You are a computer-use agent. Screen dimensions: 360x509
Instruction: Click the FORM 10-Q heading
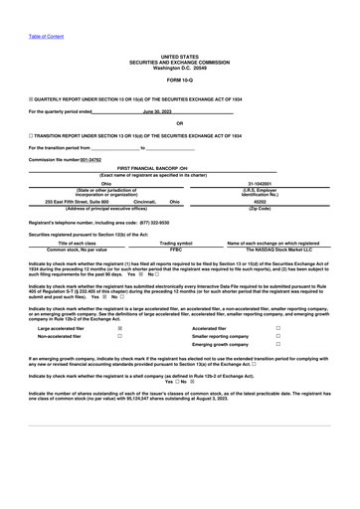(180, 79)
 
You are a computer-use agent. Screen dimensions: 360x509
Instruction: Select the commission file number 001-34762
(90, 159)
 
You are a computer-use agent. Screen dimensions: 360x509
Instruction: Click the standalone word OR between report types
(179, 123)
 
